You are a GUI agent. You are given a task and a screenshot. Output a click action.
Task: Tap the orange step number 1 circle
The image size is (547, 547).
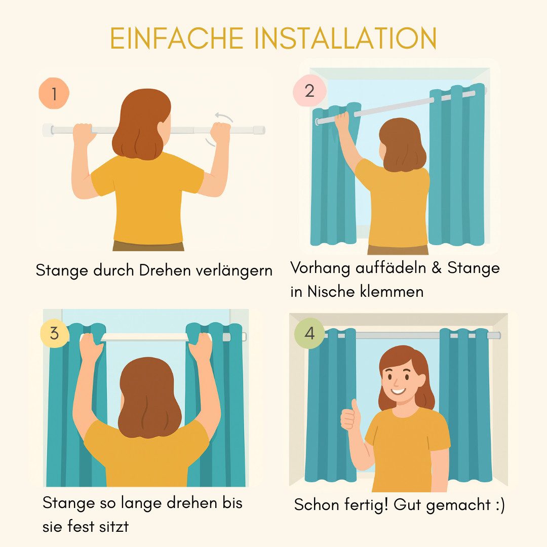pyautogui.click(x=53, y=94)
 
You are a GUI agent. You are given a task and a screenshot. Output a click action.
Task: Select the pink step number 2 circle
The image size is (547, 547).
pyautogui.click(x=309, y=91)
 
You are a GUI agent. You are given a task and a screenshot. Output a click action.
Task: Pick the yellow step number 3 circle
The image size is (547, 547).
pyautogui.click(x=54, y=334)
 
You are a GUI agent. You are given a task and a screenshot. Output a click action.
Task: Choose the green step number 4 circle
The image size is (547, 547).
pyautogui.click(x=309, y=334)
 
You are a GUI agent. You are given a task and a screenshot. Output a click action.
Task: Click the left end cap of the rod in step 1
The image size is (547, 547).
pyautogui.click(x=48, y=130)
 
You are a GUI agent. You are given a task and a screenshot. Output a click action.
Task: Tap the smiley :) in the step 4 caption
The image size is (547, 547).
pyautogui.click(x=498, y=504)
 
